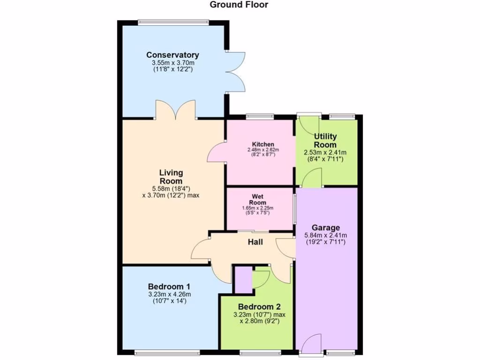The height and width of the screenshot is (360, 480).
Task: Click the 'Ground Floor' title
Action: pyautogui.click(x=239, y=5)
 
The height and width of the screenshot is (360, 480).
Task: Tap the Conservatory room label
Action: pyautogui.click(x=172, y=55)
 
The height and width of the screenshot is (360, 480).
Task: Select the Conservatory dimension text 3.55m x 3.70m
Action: pyautogui.click(x=172, y=62)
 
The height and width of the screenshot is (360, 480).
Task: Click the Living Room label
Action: pyautogui.click(x=171, y=177)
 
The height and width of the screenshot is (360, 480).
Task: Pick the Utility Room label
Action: pyautogui.click(x=324, y=141)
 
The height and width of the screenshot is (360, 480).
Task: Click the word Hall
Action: pyautogui.click(x=255, y=242)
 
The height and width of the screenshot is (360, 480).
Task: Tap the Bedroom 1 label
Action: pyautogui.click(x=169, y=286)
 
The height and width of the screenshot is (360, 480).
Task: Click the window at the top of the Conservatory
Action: pyautogui.click(x=173, y=22)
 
